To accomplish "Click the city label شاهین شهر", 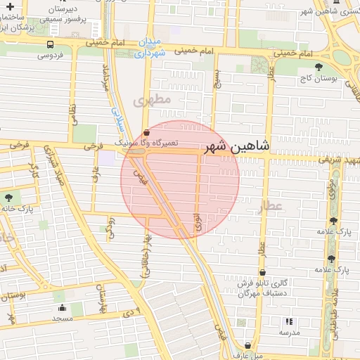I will point(236,147).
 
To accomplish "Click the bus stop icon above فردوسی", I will point(49,44).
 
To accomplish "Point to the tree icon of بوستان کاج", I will point(320,66).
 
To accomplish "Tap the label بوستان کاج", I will point(320,77).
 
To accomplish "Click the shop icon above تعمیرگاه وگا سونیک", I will point(146,132).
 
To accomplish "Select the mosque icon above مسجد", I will point(62,307).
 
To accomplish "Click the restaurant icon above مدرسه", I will point(289,321).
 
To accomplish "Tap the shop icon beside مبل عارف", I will point(249,346).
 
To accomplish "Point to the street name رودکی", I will point(110,226).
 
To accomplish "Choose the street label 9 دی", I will point(133,309).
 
